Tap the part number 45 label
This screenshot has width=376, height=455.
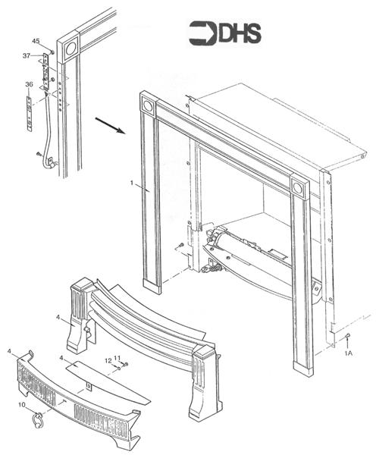tap(36, 40)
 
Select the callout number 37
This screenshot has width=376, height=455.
tap(27, 55)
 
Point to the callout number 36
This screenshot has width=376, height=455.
tap(29, 84)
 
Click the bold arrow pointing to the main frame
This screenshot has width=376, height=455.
tap(110, 124)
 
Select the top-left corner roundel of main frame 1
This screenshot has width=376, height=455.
tap(147, 106)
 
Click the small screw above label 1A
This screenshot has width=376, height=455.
tap(347, 335)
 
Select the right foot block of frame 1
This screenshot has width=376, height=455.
tap(302, 369)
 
